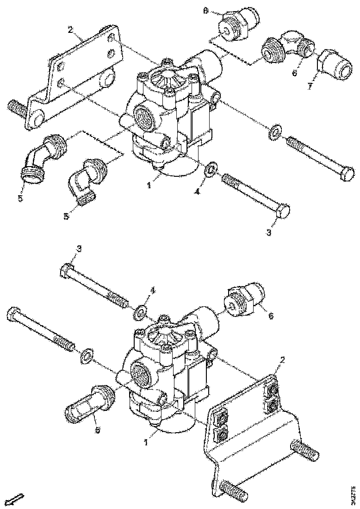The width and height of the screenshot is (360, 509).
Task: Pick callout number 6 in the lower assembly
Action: point(271,315)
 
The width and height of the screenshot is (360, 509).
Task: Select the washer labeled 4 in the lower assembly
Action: point(140,313)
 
